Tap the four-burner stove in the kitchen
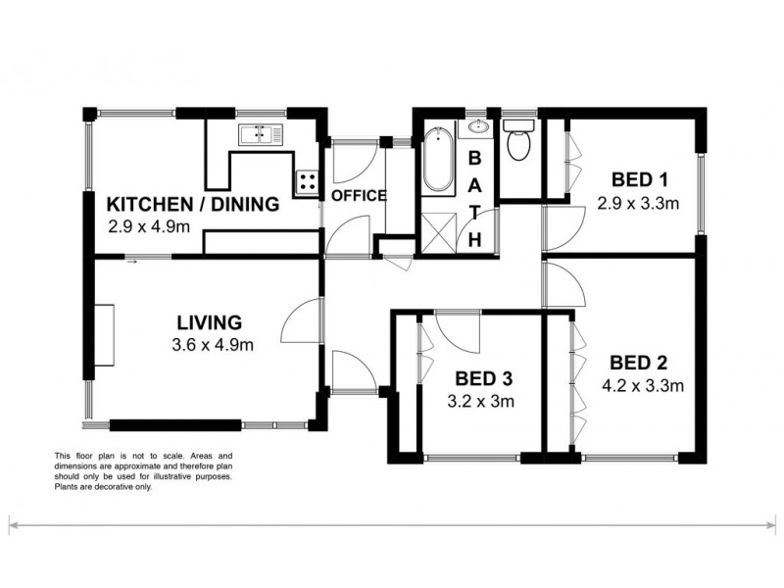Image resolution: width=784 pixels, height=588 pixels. [308, 181]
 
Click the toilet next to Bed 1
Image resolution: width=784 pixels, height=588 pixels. [518, 143]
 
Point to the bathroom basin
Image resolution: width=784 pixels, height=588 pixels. [479, 126]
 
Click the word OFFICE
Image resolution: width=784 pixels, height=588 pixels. [358, 195]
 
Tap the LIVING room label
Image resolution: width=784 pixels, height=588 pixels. [209, 321]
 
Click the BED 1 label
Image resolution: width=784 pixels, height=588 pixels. [639, 179]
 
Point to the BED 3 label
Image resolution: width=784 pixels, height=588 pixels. [483, 378]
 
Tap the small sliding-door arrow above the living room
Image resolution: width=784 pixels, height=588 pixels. [131, 260]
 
